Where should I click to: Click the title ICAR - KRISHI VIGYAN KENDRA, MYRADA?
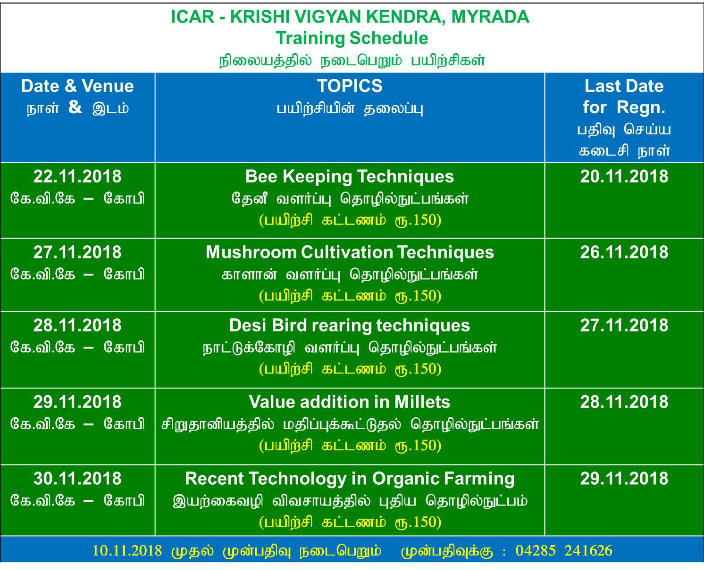point(350,17)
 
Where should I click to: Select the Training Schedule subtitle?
point(352,38)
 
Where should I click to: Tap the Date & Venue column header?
point(77,86)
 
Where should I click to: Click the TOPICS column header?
point(350,86)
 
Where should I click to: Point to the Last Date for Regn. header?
point(624,97)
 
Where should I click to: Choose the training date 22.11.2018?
point(77,176)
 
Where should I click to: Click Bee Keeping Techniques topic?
point(350,177)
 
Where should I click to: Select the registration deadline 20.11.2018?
point(624,176)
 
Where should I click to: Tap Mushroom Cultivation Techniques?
point(350,252)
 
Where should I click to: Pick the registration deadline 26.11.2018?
point(624,252)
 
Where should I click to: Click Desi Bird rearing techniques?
point(350,326)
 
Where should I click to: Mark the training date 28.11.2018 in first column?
point(77,325)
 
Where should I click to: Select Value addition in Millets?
point(350,402)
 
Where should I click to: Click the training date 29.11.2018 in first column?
point(77,402)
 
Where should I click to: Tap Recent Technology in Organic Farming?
point(350,479)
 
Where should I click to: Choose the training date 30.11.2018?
point(77,479)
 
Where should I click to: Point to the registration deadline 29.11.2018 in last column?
point(624,479)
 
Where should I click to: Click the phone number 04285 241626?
point(564,551)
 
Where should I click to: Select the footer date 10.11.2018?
point(127,551)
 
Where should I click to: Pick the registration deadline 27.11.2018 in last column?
point(624,325)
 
